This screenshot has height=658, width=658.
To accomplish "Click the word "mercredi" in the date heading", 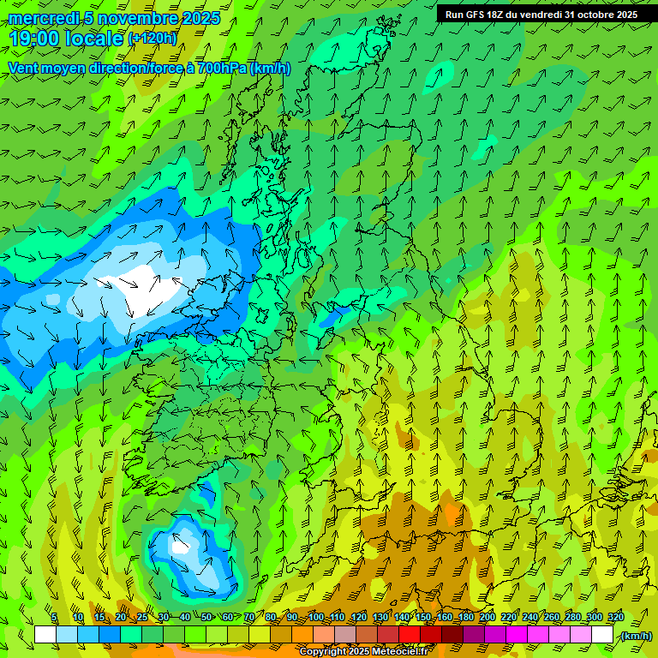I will pos(44,18).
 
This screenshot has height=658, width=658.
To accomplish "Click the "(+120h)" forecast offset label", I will pos(153,39).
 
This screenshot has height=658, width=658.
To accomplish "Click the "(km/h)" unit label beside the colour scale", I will pos(636,636).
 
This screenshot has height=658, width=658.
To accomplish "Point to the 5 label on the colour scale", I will pos(54,617).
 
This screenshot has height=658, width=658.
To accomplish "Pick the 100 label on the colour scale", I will pos(316,617).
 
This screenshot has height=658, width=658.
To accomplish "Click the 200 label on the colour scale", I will pos(488,617).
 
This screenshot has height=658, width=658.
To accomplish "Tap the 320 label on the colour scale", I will pos(616,617).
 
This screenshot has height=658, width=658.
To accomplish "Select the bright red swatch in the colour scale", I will pos(410,635).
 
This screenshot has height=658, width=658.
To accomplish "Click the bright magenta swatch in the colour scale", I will pos(517,635).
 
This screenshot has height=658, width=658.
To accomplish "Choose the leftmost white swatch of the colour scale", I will pos(45,635).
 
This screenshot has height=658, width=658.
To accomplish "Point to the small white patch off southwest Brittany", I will pos(180,545).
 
